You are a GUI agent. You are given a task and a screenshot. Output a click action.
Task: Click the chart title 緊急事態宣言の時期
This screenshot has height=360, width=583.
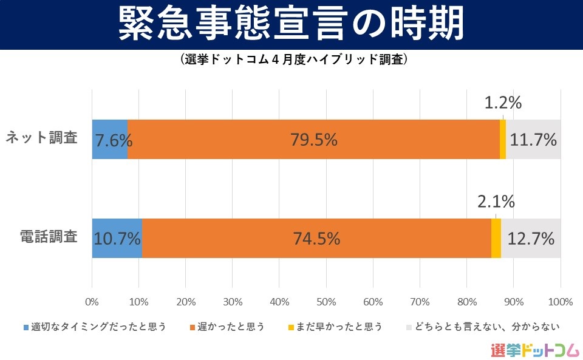tap(291, 24)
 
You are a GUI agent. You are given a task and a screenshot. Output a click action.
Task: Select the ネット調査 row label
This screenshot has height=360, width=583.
tap(42, 138)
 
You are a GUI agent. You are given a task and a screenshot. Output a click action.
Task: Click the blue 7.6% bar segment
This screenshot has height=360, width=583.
tap(110, 140)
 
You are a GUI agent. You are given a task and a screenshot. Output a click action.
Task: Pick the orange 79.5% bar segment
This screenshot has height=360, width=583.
tap(313, 140)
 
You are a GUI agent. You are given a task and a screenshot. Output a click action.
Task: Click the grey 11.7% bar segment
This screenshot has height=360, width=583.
tap(533, 140)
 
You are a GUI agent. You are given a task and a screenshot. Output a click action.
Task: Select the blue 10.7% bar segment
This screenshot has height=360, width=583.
tap(117, 239)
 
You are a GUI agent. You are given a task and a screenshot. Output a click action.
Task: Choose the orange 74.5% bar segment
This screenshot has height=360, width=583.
tap(316, 239)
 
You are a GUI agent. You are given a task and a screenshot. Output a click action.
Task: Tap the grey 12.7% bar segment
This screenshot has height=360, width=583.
tap(531, 239)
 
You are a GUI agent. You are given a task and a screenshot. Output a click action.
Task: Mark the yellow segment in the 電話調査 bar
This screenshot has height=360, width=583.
tap(496, 239)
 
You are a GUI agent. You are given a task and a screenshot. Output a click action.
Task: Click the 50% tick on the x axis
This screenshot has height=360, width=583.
tap(326, 301)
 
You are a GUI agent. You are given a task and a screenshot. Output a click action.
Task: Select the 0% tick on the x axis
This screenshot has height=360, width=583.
tap(92, 301)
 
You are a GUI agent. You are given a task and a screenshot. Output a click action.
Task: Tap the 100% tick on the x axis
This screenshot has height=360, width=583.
tap(560, 301)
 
